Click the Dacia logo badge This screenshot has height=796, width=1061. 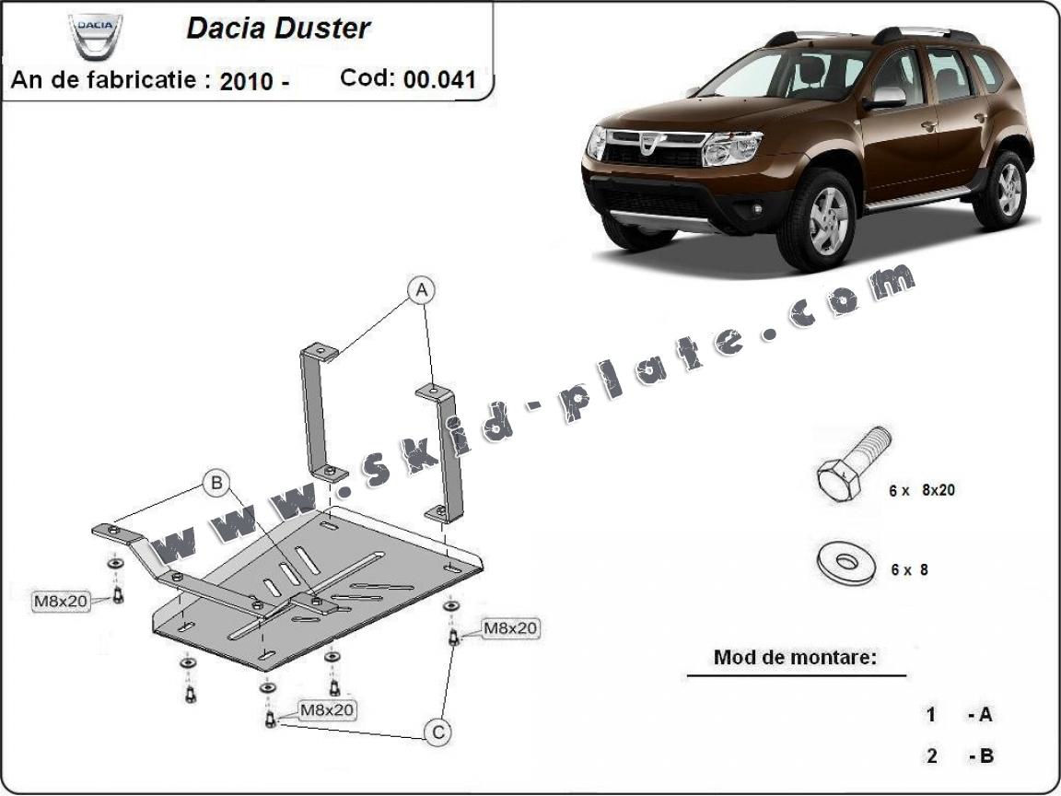(x=96, y=36)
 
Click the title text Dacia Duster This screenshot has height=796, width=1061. (x=278, y=28)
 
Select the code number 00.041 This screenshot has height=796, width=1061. (x=440, y=79)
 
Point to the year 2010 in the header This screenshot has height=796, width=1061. (x=246, y=81)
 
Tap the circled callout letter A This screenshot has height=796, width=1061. (x=422, y=290)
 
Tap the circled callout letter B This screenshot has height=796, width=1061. (x=216, y=483)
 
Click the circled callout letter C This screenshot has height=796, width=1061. (x=437, y=732)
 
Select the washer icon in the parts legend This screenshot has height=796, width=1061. (x=845, y=562)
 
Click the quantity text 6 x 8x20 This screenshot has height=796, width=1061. (x=922, y=490)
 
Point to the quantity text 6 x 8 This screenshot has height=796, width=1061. (x=909, y=570)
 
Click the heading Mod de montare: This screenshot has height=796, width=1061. (x=795, y=657)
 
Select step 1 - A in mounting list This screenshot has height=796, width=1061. (x=959, y=714)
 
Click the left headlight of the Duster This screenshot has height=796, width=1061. (x=732, y=148)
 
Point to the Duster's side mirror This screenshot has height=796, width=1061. (x=885, y=99)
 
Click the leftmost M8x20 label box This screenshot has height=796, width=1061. (x=61, y=601)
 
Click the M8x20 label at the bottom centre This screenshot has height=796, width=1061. (x=327, y=710)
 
